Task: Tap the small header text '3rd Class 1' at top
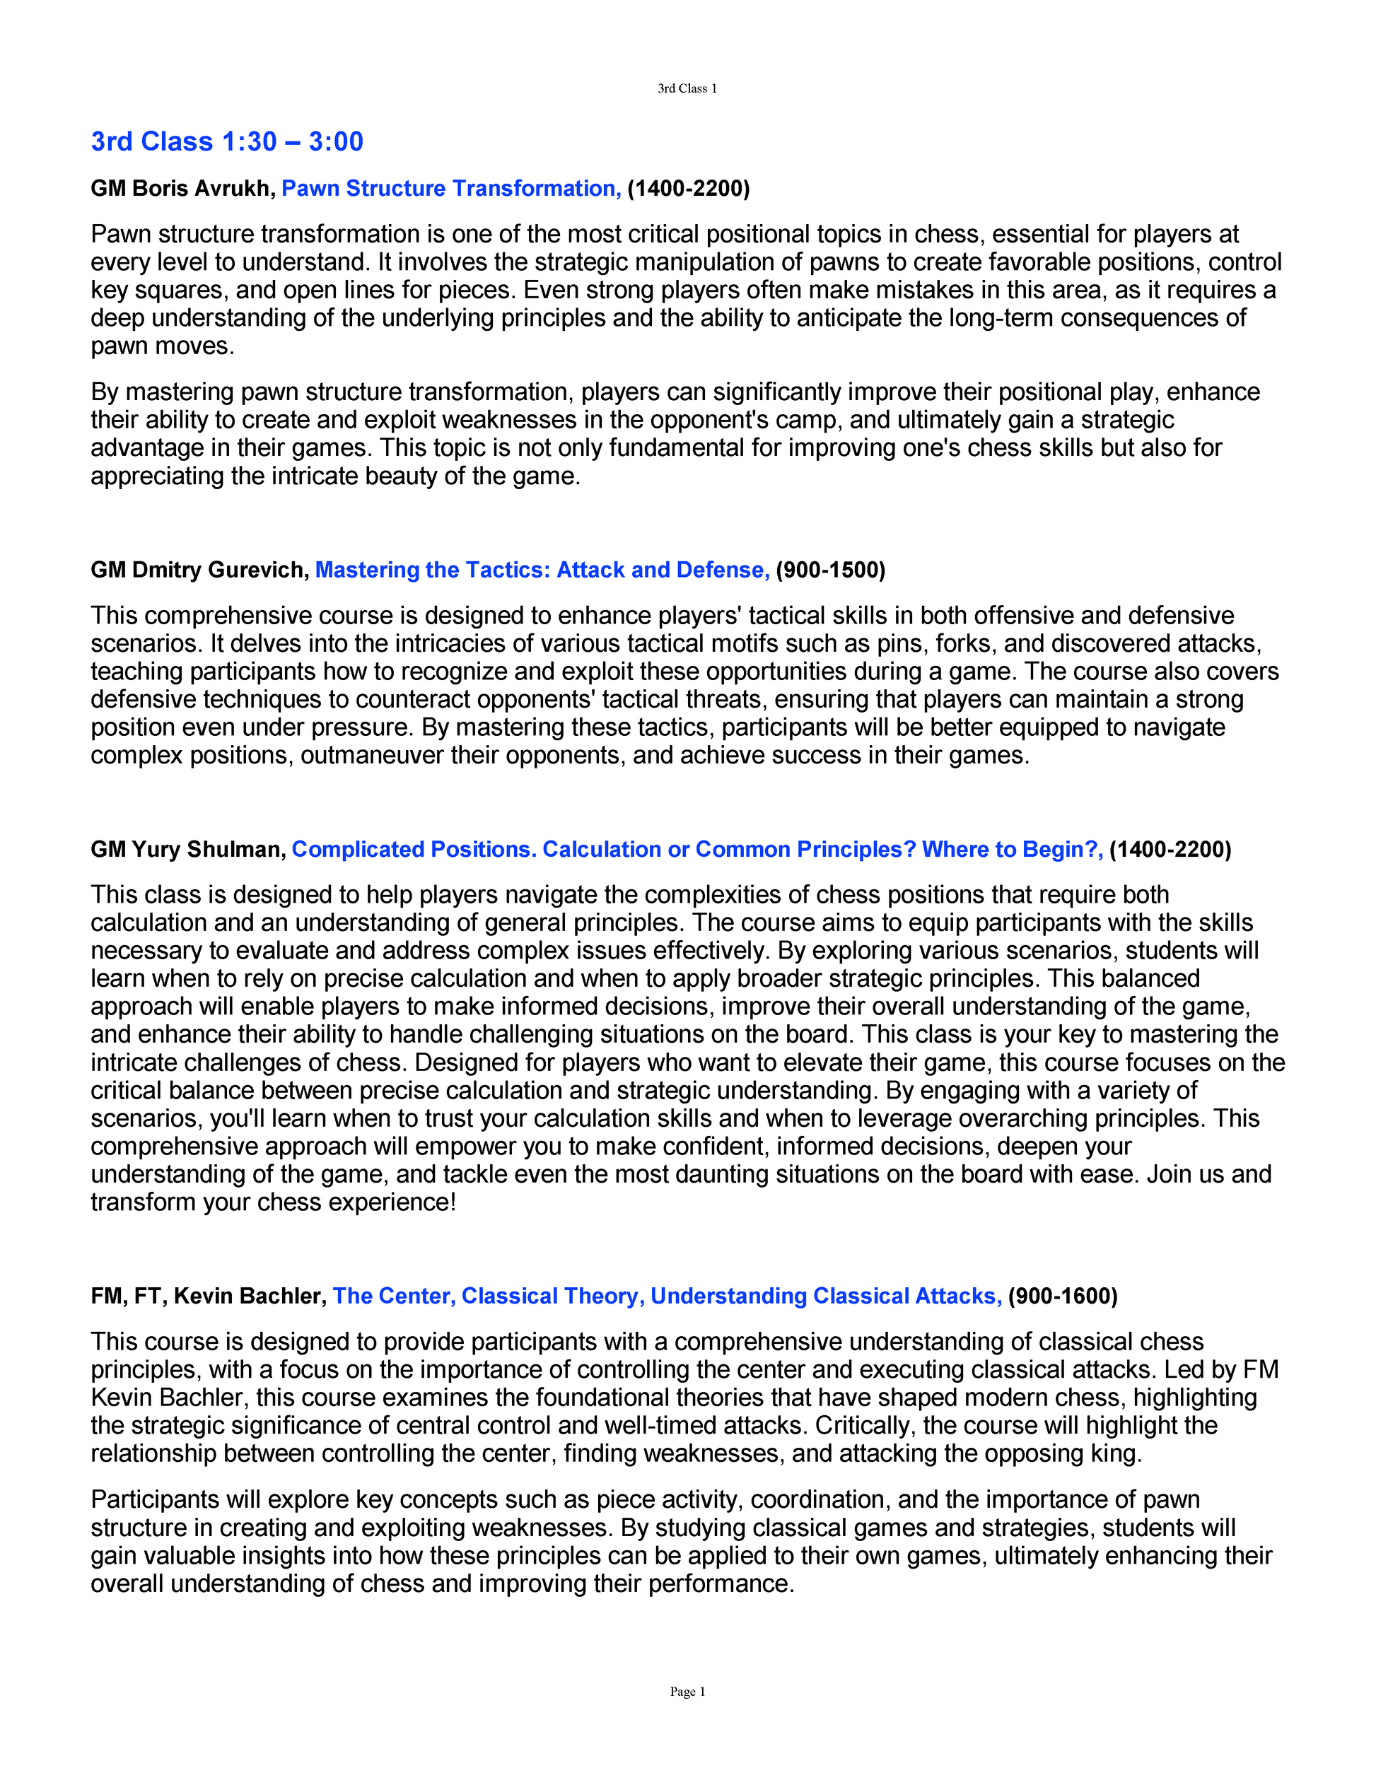[687, 89]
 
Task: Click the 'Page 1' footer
[687, 1691]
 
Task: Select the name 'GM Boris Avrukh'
[182, 188]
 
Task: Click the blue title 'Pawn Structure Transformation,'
[451, 188]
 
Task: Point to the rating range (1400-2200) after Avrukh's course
[688, 188]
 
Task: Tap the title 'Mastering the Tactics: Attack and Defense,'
[542, 570]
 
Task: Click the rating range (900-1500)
[830, 570]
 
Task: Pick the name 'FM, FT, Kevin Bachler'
[208, 1296]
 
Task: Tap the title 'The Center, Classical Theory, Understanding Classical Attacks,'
[667, 1296]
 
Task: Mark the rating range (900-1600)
[1062, 1296]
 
